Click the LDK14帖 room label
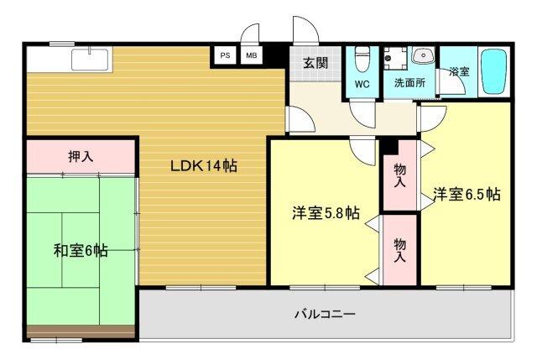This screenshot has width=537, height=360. point(204,165)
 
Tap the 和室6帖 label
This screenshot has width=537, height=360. point(81,249)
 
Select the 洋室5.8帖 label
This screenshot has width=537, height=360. point(326,213)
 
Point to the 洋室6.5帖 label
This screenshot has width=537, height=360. point(467,195)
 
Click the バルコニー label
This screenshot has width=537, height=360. point(324,315)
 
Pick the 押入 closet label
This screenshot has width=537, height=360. point(81,155)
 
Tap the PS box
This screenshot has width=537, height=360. point(224,55)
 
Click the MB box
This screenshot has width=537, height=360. point(251,55)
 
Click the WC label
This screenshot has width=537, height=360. point(362,84)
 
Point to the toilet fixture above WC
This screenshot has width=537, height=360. point(362,59)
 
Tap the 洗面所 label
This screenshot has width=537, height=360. point(409,84)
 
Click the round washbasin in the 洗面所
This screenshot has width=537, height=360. point(423,55)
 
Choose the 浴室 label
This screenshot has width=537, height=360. point(459,72)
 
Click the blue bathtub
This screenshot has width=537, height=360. point(496,73)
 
